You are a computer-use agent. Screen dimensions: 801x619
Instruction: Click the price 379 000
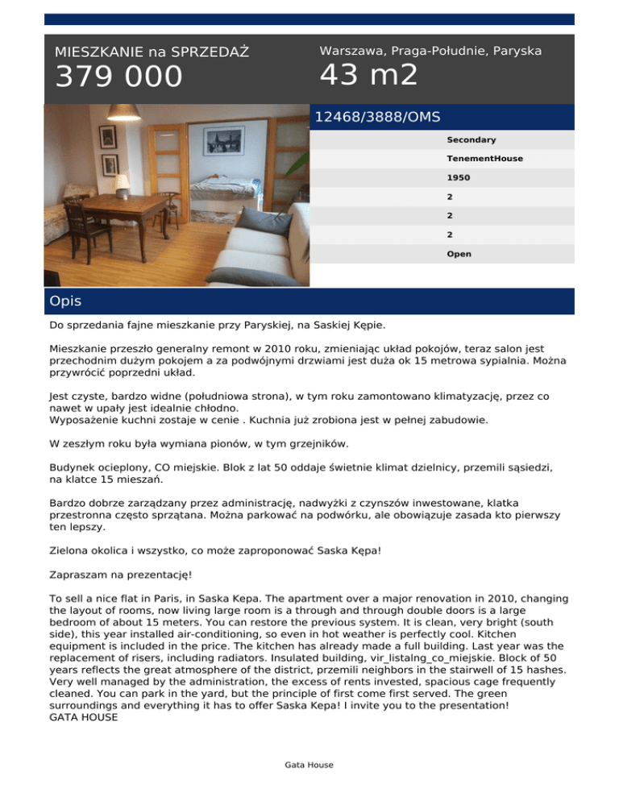pos(118,77)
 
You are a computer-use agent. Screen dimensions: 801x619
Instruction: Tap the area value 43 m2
pos(368,75)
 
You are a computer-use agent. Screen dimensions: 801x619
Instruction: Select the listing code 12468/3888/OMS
pos(377,117)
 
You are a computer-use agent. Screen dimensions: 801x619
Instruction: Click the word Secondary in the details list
pos(472,140)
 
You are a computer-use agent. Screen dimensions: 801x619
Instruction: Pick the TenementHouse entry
pos(484,159)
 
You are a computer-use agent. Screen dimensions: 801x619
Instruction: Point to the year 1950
pos(457,177)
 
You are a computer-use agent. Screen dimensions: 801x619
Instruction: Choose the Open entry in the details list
pos(459,254)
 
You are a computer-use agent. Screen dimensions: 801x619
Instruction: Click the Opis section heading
pos(66,301)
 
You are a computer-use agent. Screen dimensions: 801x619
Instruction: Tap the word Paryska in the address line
pos(516,51)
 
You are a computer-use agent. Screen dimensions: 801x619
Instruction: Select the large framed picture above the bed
pos(224,140)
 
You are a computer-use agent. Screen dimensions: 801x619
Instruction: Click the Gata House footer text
pos(309,765)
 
